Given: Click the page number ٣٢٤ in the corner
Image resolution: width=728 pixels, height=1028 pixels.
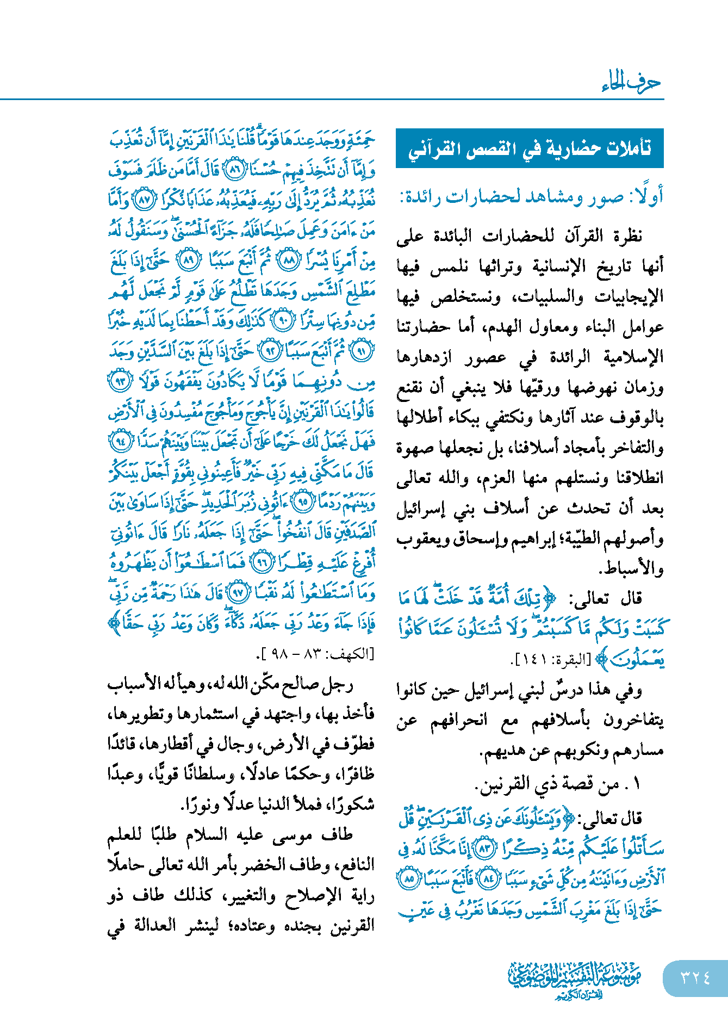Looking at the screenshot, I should click(695, 977).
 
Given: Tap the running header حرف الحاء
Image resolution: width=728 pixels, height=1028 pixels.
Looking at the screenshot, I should click(631, 83).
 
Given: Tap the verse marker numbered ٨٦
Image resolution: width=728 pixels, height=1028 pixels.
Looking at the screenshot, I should click(235, 170).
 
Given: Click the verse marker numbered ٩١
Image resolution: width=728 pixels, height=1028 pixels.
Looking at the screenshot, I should click(361, 352).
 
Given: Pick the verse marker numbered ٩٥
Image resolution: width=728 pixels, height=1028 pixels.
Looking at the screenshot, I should click(303, 501).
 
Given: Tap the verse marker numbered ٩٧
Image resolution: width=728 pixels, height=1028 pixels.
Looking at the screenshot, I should click(238, 592).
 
